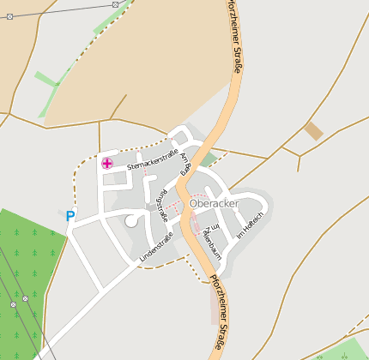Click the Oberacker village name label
214,203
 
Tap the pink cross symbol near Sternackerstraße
107,163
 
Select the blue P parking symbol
70,217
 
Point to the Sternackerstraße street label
152,158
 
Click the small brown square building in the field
313,130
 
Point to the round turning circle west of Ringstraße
131,220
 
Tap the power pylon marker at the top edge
116,4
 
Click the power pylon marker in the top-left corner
9,16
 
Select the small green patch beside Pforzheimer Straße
209,159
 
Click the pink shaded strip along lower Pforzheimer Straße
213,303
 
